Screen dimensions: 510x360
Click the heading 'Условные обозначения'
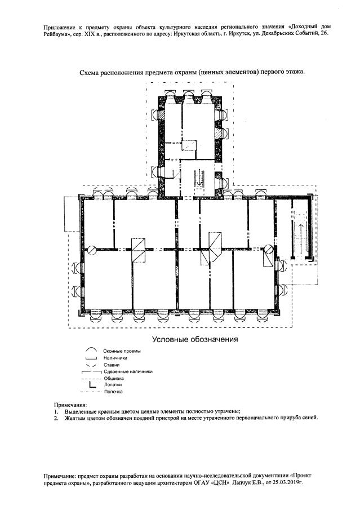[x=195, y=339]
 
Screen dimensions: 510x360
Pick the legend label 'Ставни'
[x=111, y=365]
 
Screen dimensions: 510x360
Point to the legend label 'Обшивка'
[x=113, y=378]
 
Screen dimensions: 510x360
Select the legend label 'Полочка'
[x=113, y=391]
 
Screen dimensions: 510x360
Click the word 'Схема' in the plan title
[x=90, y=72]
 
